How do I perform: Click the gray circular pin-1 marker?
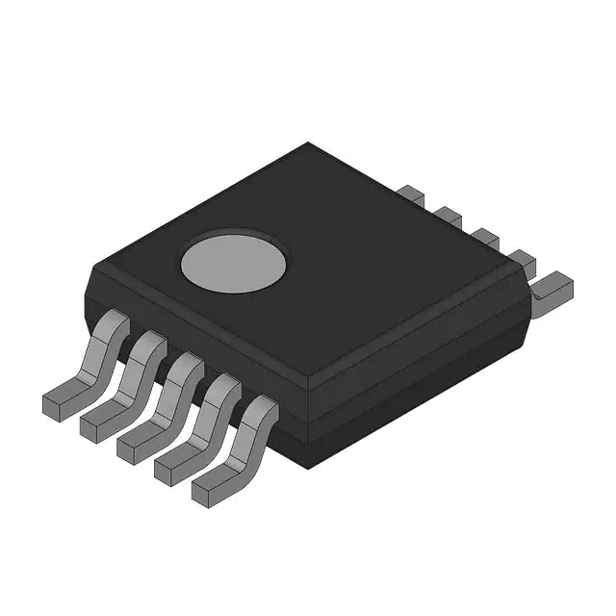click(x=234, y=261)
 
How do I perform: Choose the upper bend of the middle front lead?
click(x=186, y=370)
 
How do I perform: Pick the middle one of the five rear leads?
click(x=483, y=237)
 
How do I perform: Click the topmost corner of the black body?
click(x=308, y=144)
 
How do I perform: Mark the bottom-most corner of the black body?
click(x=306, y=468)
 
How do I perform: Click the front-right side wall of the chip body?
click(x=423, y=385)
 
